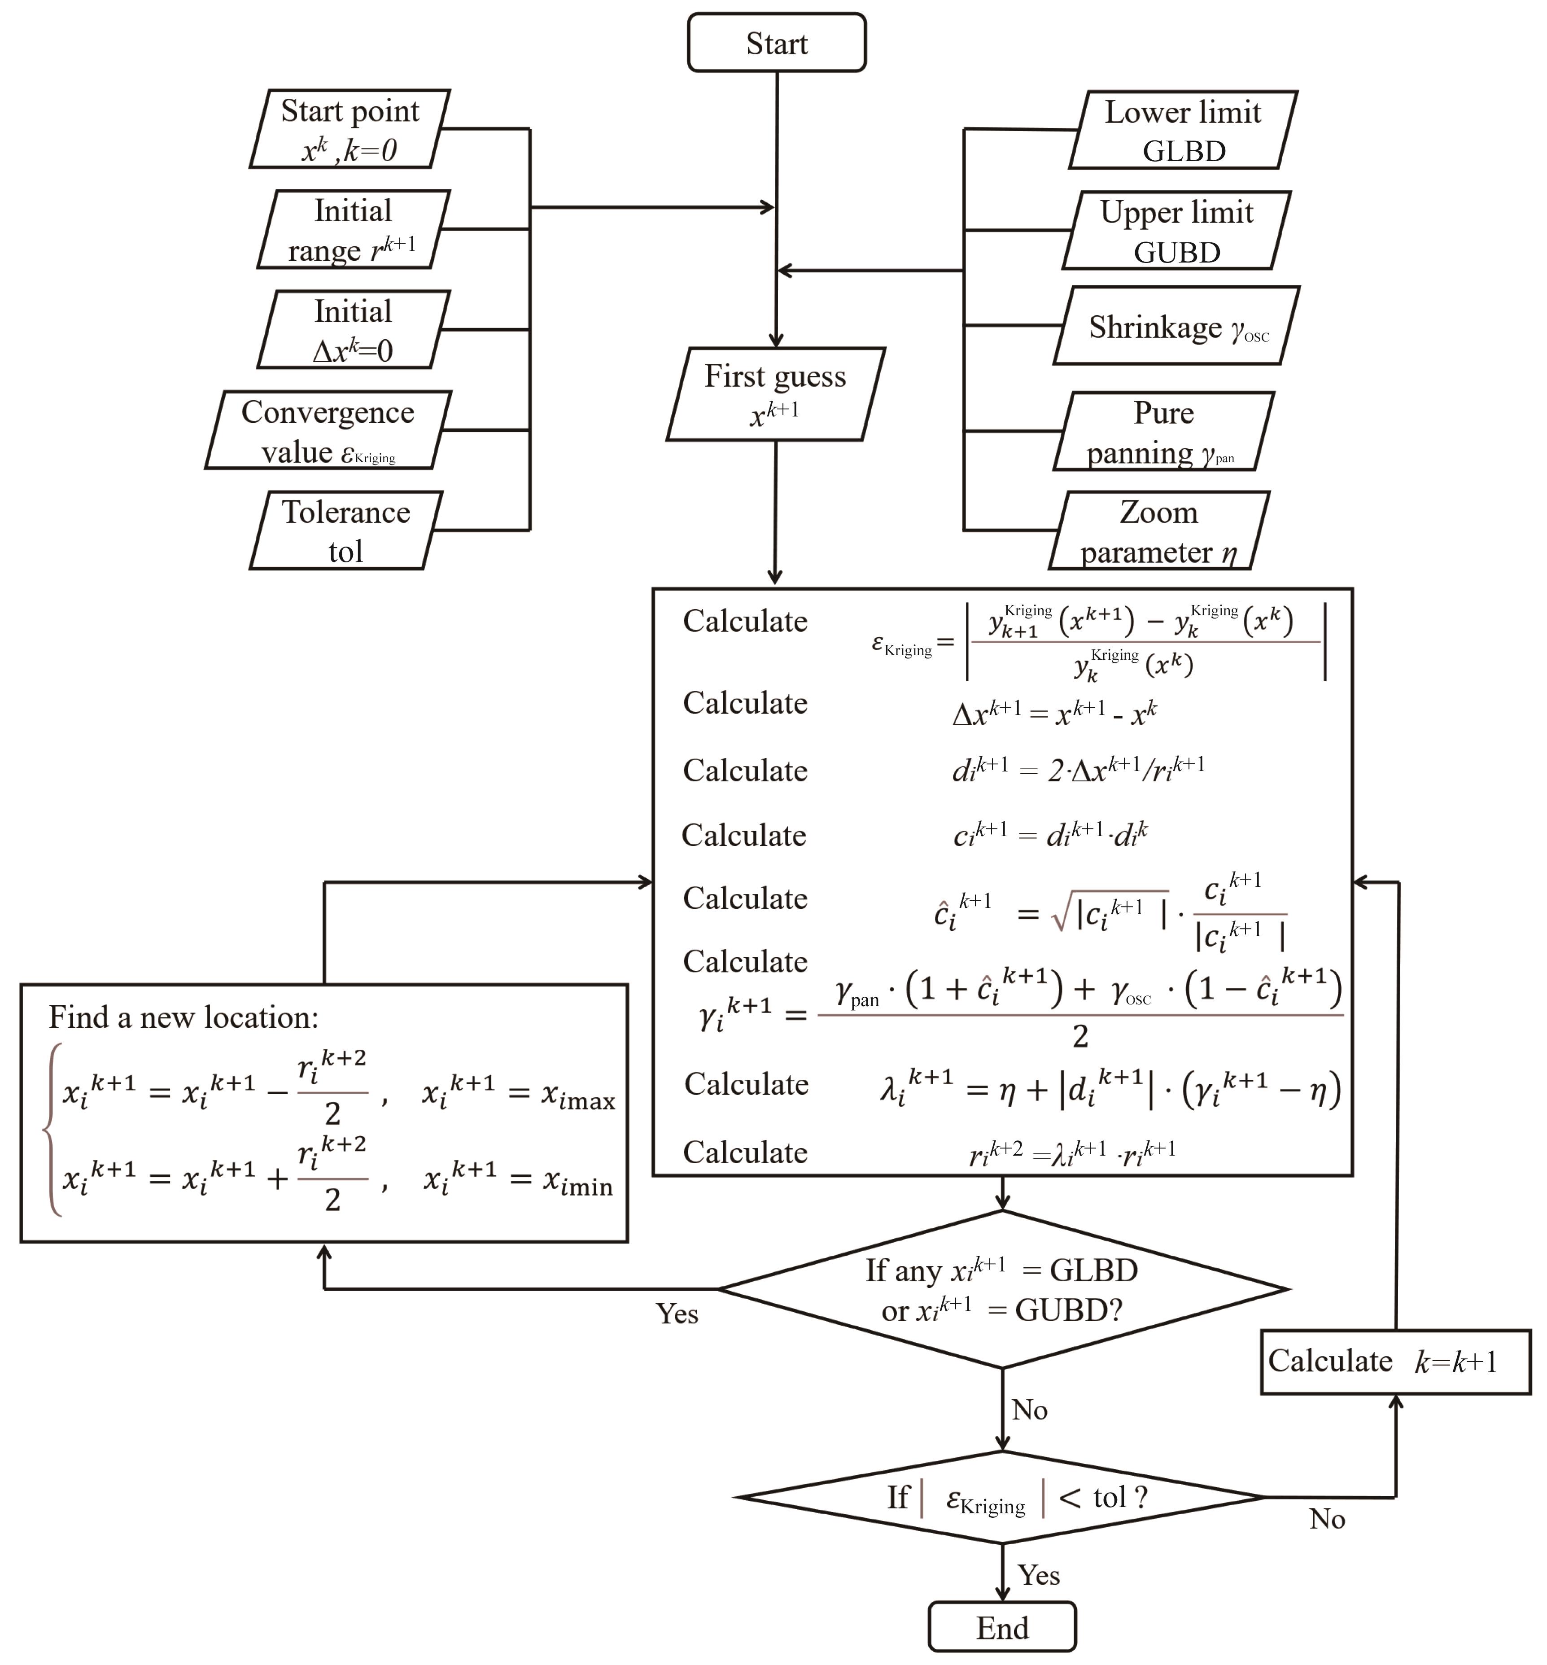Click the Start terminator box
[x=776, y=43]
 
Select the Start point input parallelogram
[x=350, y=129]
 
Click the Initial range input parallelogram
[x=353, y=229]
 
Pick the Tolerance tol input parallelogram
[x=346, y=531]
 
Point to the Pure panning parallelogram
[x=1163, y=431]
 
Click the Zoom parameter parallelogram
[x=1159, y=531]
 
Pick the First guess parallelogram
[x=775, y=394]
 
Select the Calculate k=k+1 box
[x=1394, y=1361]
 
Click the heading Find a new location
[x=184, y=1017]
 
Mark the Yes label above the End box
[x=1039, y=1574]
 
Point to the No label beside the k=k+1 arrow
[x=1327, y=1518]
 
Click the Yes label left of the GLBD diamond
[x=677, y=1312]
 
